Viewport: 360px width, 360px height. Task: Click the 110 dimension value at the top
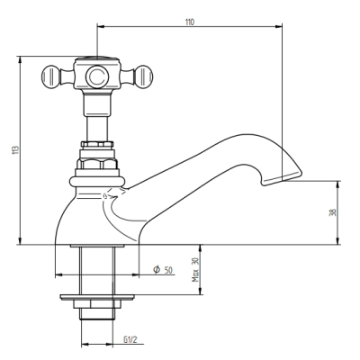click(x=190, y=22)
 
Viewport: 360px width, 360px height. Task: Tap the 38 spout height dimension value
click(x=333, y=212)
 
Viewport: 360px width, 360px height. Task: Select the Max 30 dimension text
click(x=195, y=270)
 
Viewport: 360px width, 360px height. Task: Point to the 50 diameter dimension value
click(x=168, y=270)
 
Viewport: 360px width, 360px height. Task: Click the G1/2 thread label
click(x=130, y=339)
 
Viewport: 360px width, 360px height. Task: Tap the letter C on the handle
click(x=97, y=76)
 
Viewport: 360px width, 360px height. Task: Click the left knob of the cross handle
click(x=50, y=76)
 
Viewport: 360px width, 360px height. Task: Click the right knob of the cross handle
click(x=143, y=76)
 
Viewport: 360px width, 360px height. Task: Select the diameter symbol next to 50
click(x=157, y=270)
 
